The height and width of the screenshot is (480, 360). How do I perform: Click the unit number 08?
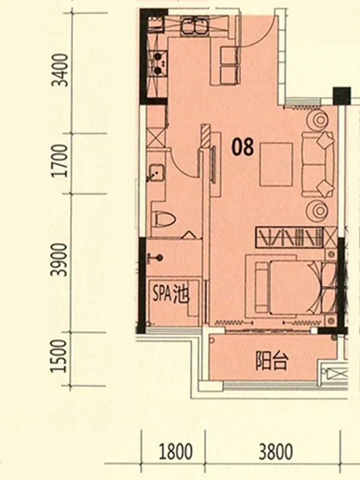click(243, 146)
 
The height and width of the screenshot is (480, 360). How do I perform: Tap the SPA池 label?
click(171, 295)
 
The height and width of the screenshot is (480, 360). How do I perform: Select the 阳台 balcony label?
click(272, 362)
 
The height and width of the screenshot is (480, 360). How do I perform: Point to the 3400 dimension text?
click(59, 70)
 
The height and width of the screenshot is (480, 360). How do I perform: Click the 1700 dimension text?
click(59, 161)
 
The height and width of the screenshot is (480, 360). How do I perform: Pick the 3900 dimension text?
click(59, 260)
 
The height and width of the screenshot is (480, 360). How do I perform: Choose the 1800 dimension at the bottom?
click(176, 452)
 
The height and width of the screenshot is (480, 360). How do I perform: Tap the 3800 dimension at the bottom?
click(275, 452)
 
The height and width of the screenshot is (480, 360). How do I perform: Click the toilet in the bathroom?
click(164, 218)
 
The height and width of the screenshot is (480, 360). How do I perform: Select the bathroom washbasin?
click(156, 173)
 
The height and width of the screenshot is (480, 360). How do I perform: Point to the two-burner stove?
click(158, 64)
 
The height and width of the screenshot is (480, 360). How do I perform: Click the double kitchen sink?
click(193, 26)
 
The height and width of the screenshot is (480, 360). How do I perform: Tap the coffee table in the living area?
click(276, 164)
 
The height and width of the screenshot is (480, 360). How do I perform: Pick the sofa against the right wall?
click(318, 164)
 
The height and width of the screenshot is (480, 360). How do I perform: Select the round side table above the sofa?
click(320, 119)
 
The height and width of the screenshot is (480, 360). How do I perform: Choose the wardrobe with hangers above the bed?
click(290, 237)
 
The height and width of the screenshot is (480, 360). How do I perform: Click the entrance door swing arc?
click(263, 36)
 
